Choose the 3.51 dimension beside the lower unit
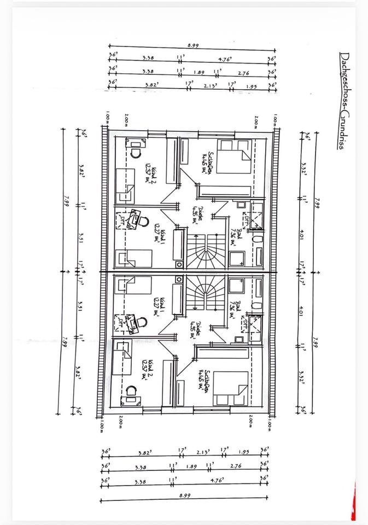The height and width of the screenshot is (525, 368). point(80,307)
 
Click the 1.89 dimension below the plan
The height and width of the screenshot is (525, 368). point(191,466)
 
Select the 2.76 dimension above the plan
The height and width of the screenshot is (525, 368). point(244,72)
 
